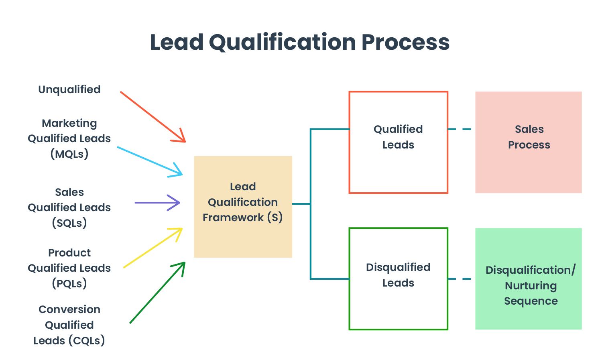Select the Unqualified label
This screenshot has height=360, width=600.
click(x=69, y=89)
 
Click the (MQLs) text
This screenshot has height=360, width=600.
click(x=69, y=154)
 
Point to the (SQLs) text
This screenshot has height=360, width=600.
click(x=69, y=223)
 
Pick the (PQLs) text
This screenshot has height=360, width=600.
click(x=69, y=283)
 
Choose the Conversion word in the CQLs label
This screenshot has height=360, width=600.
click(x=69, y=309)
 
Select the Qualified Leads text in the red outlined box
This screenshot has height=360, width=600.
click(x=398, y=137)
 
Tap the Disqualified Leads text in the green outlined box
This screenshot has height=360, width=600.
click(x=398, y=275)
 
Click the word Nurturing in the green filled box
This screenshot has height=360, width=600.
click(x=531, y=286)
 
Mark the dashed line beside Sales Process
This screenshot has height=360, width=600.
click(x=460, y=129)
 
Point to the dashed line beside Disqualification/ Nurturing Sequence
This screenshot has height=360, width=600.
click(x=460, y=279)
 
